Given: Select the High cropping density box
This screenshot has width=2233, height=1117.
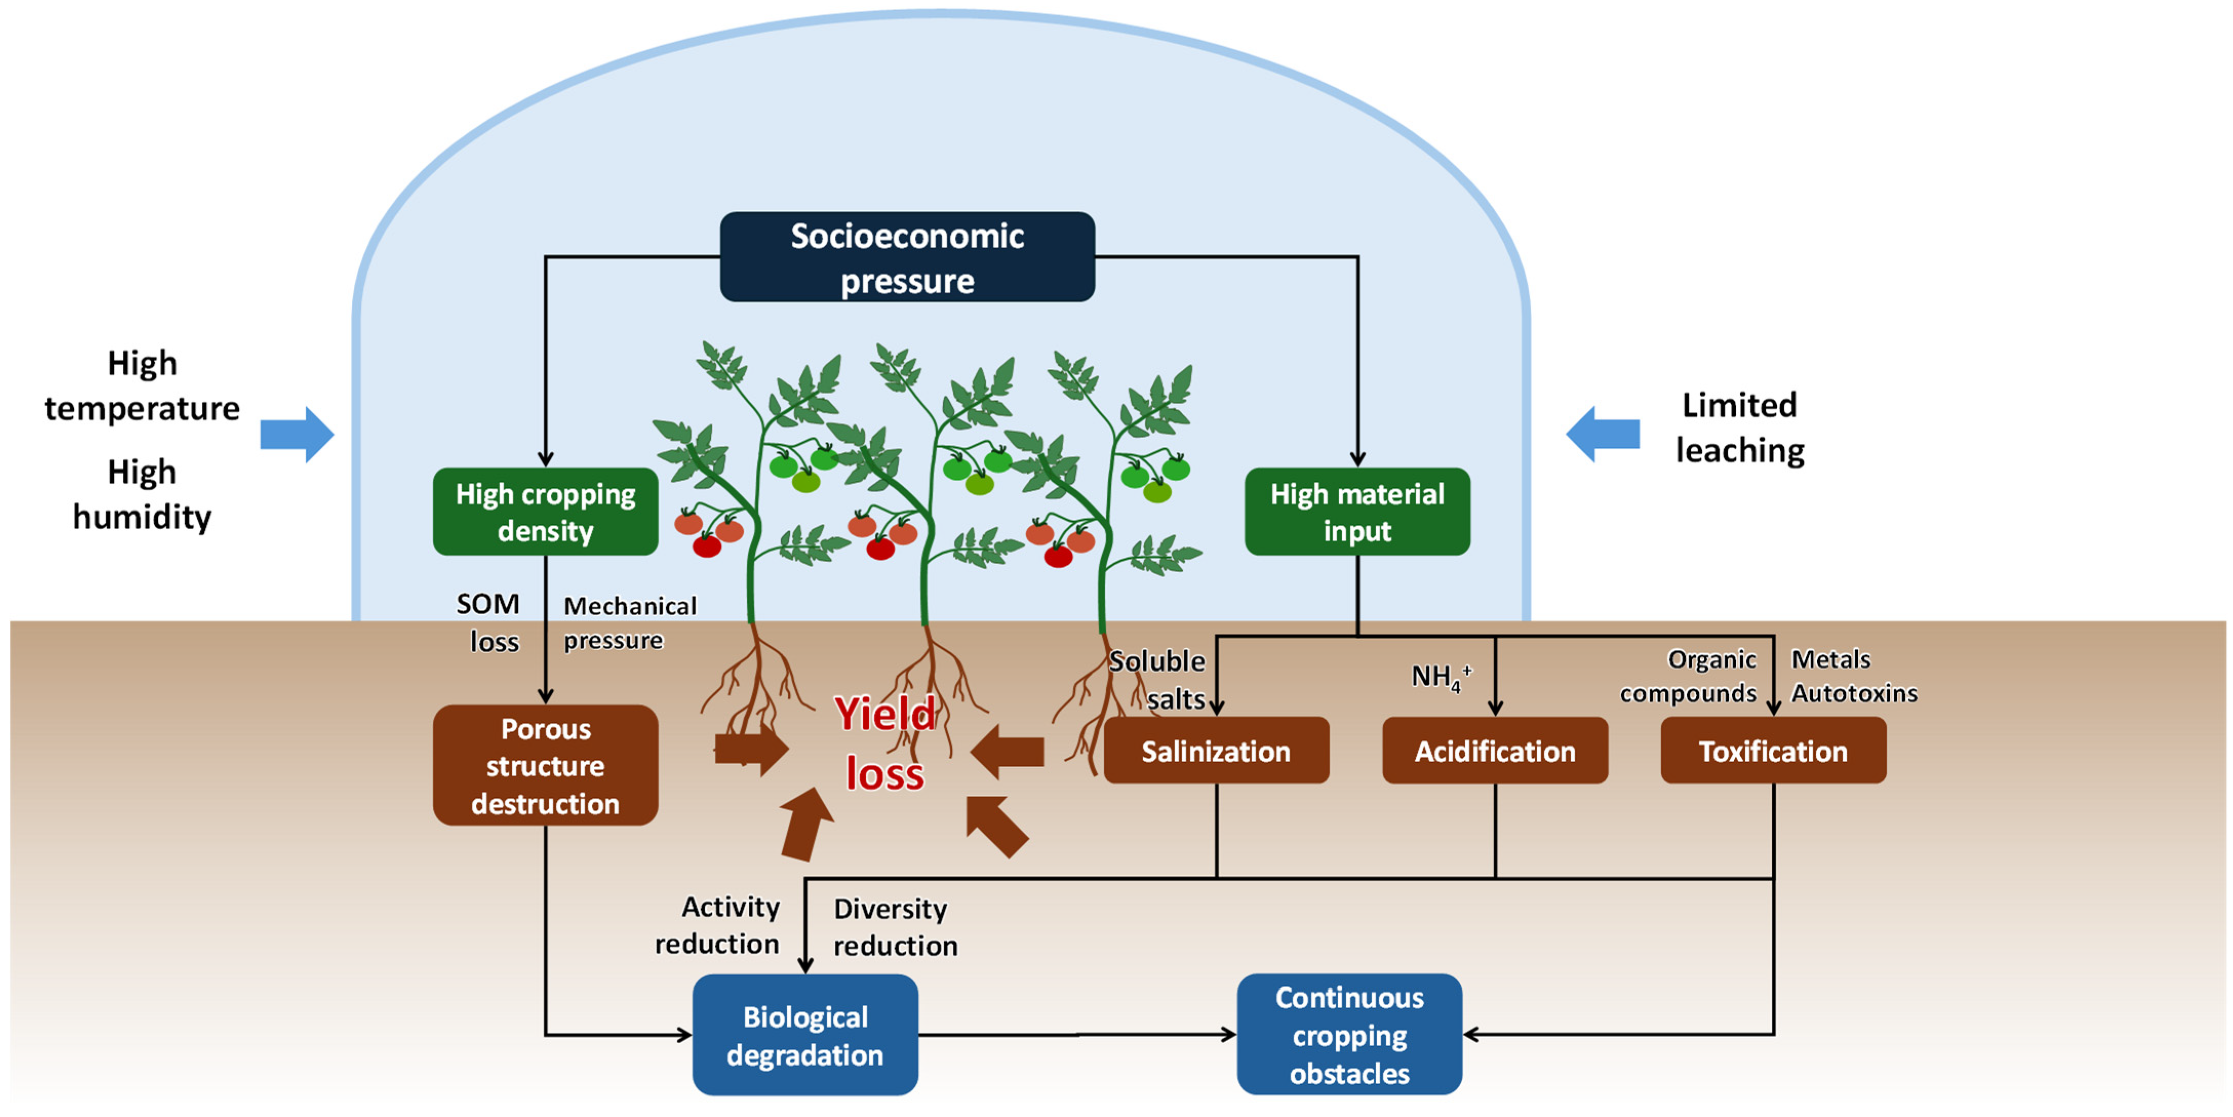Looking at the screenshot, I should [x=545, y=512].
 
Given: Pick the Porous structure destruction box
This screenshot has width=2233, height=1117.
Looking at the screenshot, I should [x=545, y=765].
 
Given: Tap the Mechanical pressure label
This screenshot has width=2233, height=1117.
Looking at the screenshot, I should [x=629, y=623].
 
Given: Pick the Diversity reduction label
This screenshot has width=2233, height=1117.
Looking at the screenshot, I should [x=894, y=927].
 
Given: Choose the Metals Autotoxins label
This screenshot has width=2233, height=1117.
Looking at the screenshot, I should [x=1853, y=676].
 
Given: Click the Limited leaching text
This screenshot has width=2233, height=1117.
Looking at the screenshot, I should [x=1739, y=427].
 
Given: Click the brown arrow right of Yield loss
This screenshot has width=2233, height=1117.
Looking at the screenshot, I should [x=1008, y=751].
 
